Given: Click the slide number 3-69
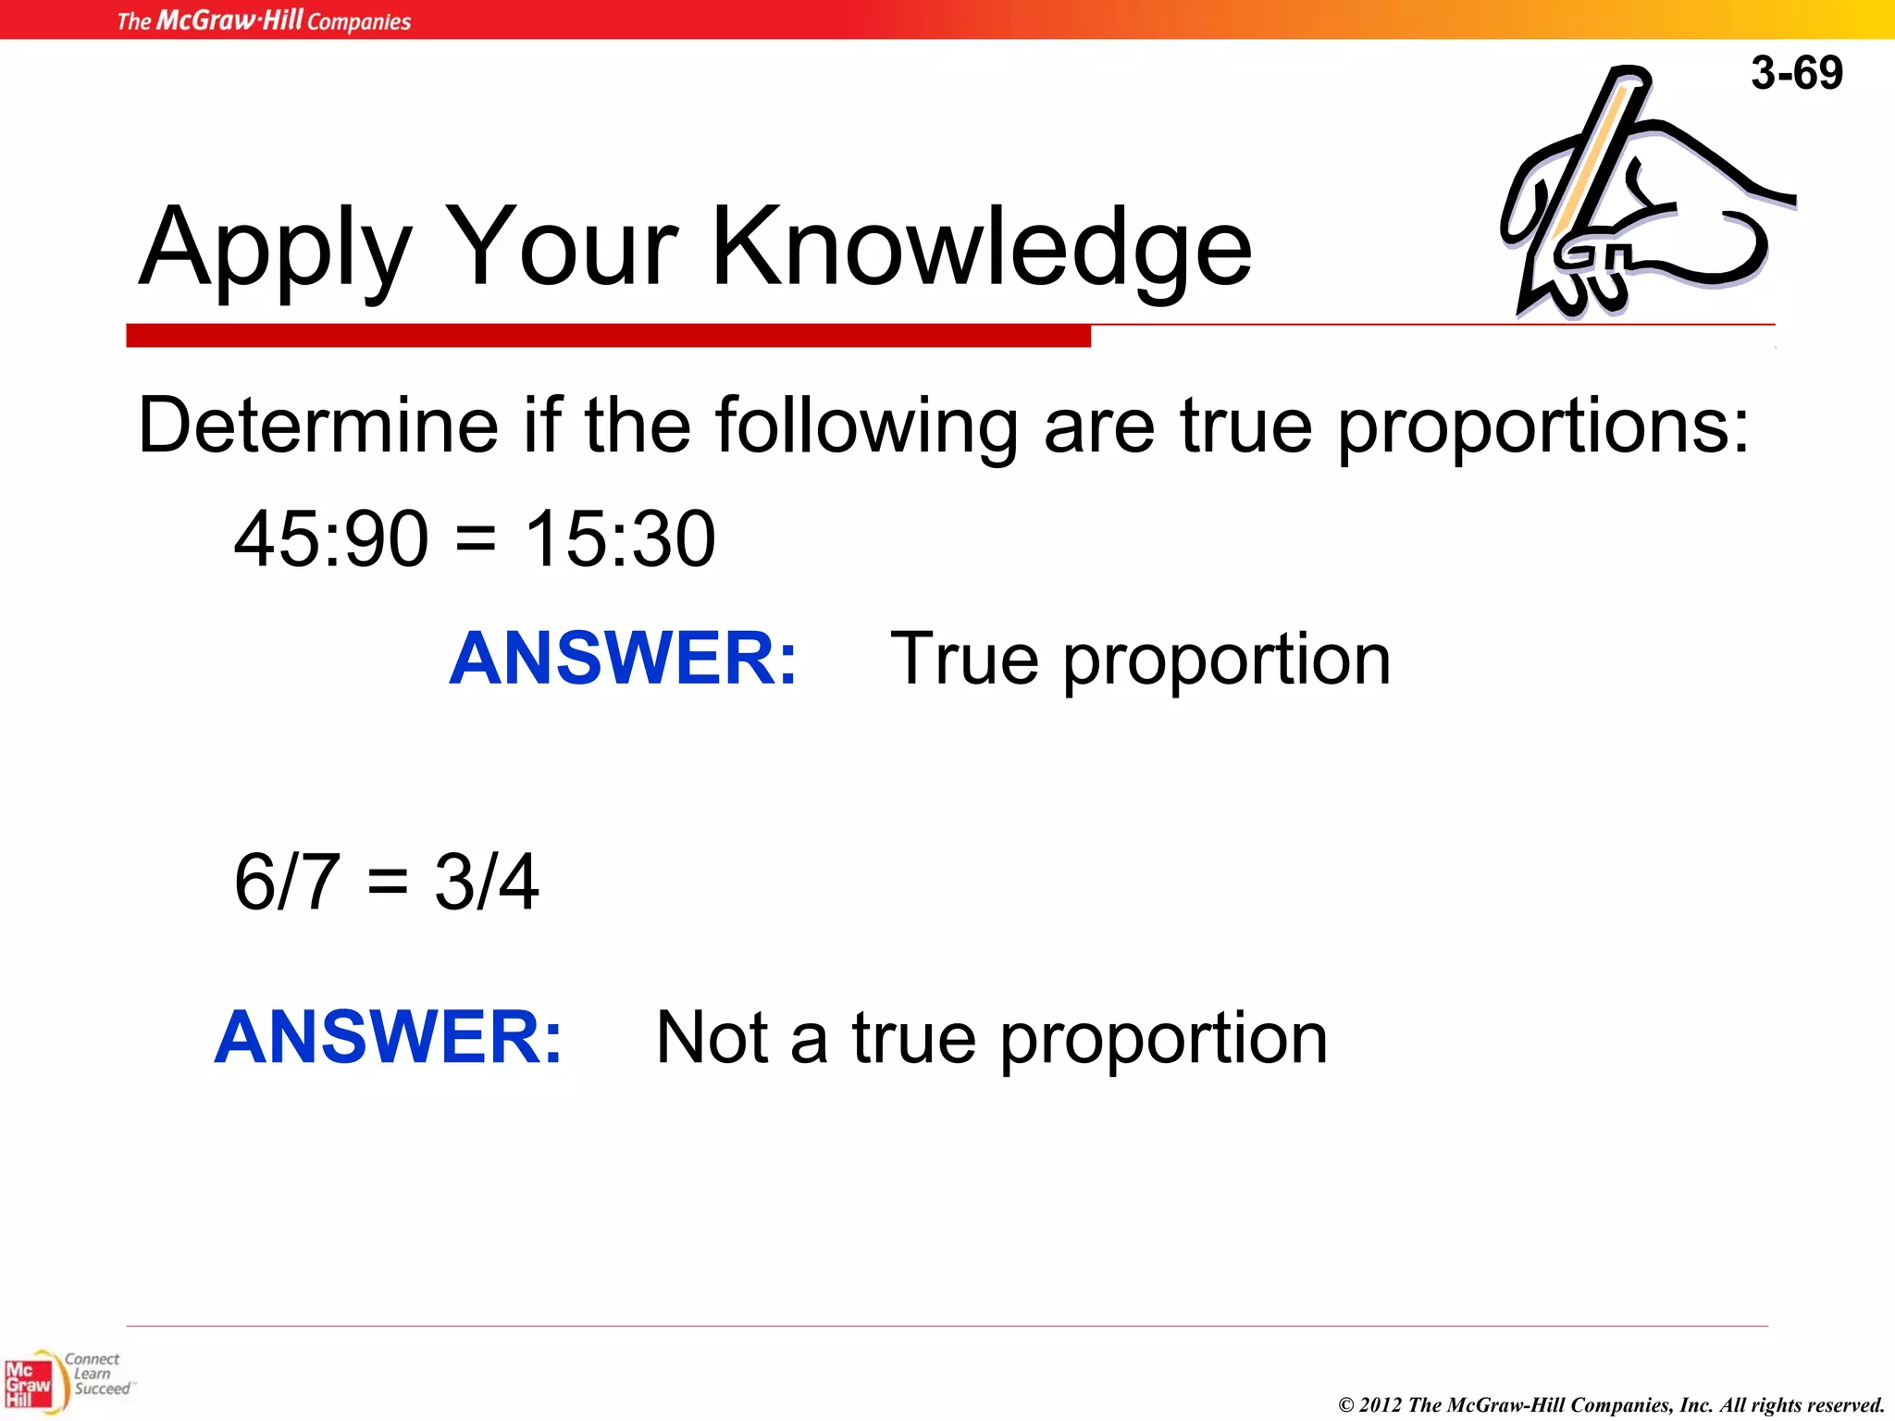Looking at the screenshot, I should click(x=1796, y=72).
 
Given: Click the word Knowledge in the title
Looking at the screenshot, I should click(x=981, y=247).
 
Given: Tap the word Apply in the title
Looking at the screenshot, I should click(x=274, y=247).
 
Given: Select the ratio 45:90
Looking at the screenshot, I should click(x=331, y=539).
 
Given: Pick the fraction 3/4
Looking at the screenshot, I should click(x=487, y=882).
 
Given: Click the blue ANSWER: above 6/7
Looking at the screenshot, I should click(x=623, y=658).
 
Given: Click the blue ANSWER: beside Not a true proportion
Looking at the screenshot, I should click(x=389, y=1037).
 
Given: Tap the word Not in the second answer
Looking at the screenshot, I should click(x=712, y=1037).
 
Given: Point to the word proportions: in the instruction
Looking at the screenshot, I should click(x=1543, y=427).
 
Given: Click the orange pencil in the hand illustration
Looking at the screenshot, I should click(x=1590, y=157).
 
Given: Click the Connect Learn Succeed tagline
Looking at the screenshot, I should click(x=96, y=1374).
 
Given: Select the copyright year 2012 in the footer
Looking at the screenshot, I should click(x=1381, y=1405).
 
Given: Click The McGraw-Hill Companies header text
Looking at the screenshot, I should click(x=264, y=20).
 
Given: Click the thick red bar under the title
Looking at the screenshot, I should click(x=608, y=336).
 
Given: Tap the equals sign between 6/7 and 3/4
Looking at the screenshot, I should click(x=387, y=882).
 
